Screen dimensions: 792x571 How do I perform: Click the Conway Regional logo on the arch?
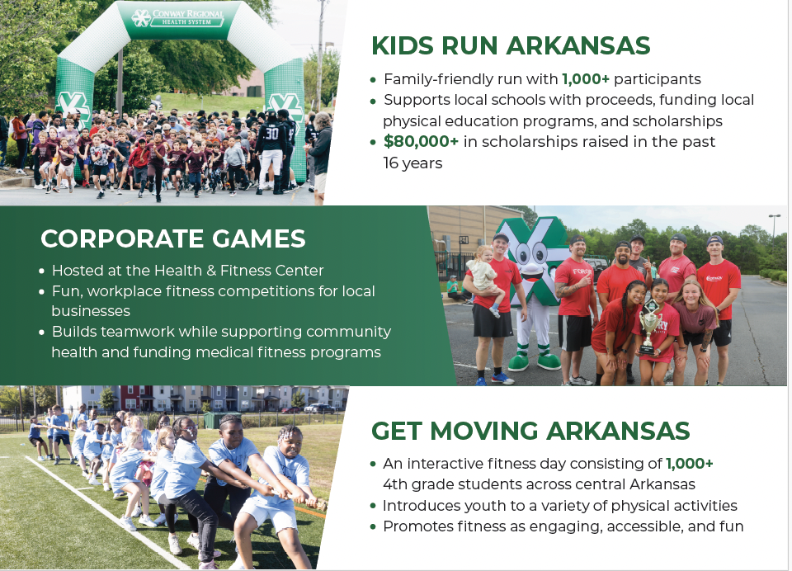[177, 17]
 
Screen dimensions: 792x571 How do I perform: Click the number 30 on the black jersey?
[271, 134]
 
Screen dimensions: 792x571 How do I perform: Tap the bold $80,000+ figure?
[421, 141]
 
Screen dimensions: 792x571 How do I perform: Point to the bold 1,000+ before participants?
[586, 79]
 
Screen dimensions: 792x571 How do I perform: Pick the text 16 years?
[412, 163]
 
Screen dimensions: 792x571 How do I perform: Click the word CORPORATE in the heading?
[121, 239]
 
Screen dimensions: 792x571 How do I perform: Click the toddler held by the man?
[486, 277]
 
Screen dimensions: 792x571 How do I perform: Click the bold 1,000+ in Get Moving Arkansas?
[689, 464]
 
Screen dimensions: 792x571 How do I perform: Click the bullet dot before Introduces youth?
[373, 506]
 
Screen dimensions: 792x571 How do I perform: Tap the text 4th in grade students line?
[395, 484]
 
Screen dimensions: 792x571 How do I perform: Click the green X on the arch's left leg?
[74, 109]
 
